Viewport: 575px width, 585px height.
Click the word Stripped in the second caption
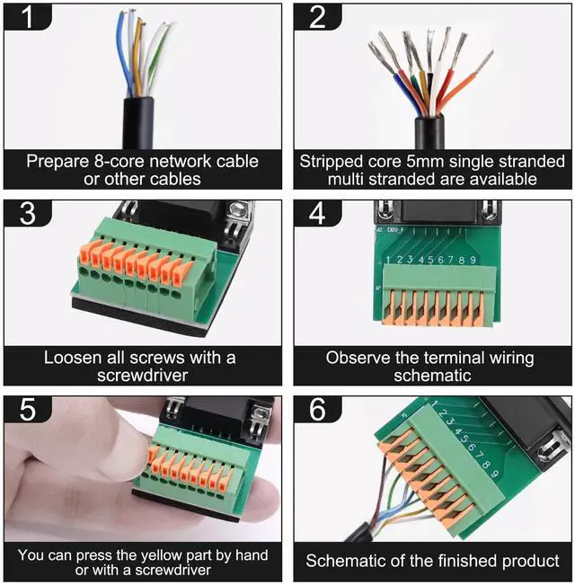tap(333, 162)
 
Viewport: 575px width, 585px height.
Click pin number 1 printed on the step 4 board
tap(387, 261)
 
